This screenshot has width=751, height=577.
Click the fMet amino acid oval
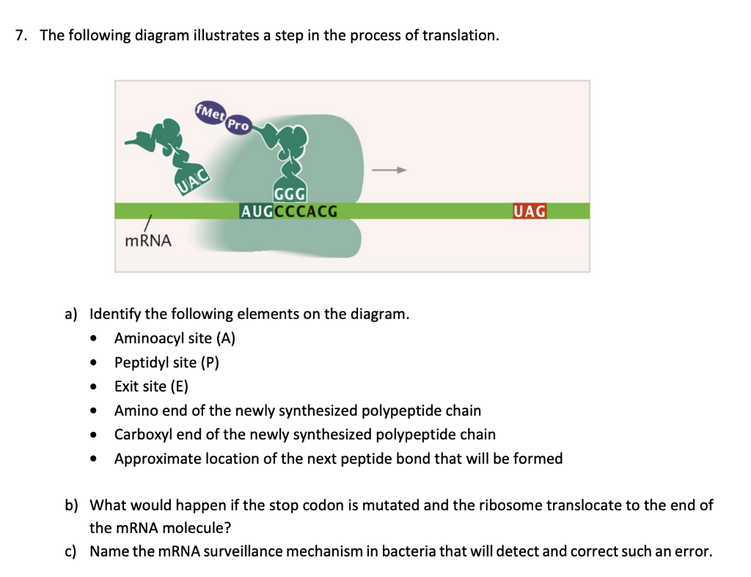pyautogui.click(x=210, y=113)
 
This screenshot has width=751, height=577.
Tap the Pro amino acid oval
pyautogui.click(x=238, y=125)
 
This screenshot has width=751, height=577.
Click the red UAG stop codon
pyautogui.click(x=530, y=211)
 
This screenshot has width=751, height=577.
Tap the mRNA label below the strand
pyautogui.click(x=148, y=240)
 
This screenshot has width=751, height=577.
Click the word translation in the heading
pyautogui.click(x=460, y=35)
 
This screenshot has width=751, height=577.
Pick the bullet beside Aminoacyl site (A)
pyautogui.click(x=92, y=339)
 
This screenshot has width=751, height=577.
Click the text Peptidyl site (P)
pyautogui.click(x=166, y=362)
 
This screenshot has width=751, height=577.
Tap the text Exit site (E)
pyautogui.click(x=151, y=386)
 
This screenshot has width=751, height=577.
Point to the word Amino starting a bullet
pyautogui.click(x=135, y=411)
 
